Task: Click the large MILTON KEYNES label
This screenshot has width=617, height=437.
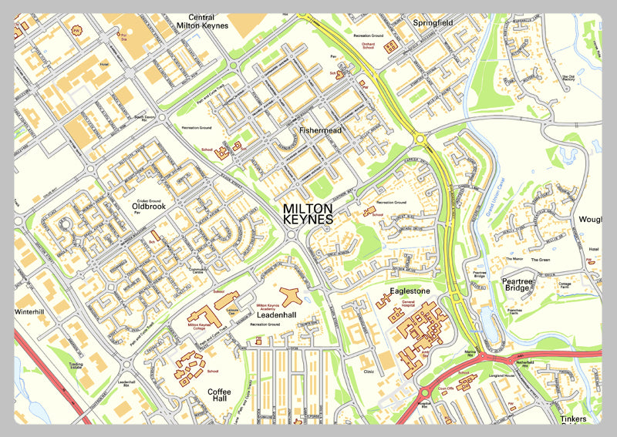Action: click(x=308, y=214)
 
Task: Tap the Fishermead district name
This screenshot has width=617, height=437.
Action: click(x=321, y=131)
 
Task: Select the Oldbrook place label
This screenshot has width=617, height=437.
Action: click(x=149, y=207)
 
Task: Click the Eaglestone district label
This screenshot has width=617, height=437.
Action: click(x=403, y=292)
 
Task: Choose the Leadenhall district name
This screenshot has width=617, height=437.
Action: click(x=277, y=315)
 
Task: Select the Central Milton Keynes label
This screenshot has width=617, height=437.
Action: click(x=201, y=22)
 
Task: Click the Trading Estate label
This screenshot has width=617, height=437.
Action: click(x=76, y=368)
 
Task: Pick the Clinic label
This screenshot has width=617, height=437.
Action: click(x=369, y=371)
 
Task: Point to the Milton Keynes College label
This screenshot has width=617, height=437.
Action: click(x=201, y=327)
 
